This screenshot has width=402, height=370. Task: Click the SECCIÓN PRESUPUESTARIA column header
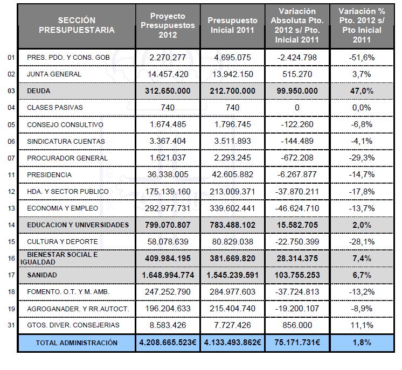(77, 25)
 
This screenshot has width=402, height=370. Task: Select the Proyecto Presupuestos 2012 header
(168, 25)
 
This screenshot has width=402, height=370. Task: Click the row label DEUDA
(39, 91)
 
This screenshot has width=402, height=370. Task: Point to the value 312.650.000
(168, 91)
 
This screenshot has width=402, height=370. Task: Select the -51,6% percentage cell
(362, 57)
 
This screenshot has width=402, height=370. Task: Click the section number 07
(11, 158)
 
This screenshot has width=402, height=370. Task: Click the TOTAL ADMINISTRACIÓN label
(77, 343)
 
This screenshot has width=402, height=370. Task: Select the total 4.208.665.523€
(168, 343)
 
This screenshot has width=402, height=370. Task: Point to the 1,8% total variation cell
(362, 343)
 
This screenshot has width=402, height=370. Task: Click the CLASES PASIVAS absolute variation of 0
(297, 108)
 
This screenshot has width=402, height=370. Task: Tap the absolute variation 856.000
(297, 325)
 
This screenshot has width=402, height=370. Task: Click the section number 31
(11, 325)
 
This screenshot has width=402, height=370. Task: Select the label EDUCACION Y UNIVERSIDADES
(78, 225)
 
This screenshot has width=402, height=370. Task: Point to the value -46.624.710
(297, 208)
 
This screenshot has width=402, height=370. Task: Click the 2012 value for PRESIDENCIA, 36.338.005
(168, 175)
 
